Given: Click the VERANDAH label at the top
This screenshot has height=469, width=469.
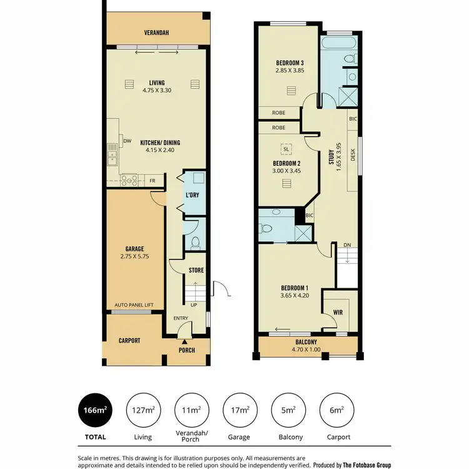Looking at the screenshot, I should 157,33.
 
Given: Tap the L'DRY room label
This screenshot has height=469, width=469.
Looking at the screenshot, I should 192,195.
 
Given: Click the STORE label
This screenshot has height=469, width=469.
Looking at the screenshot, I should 196,270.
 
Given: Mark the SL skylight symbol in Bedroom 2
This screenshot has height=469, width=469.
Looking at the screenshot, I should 286,149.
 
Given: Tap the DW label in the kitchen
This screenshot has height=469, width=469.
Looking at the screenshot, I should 127,141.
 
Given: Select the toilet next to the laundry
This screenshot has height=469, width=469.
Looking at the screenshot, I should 195,242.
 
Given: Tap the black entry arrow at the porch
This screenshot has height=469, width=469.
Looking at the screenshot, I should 184,342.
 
